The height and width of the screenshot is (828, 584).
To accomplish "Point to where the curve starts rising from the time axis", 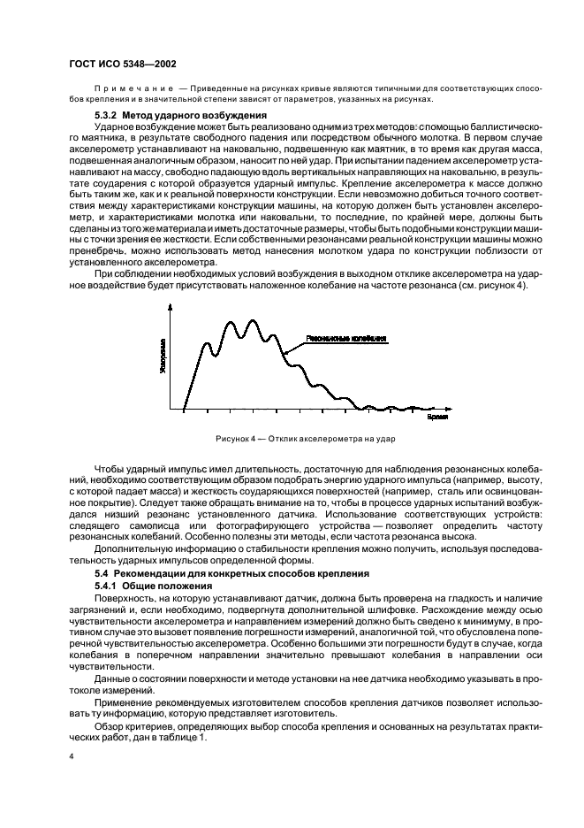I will pos(184,409).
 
